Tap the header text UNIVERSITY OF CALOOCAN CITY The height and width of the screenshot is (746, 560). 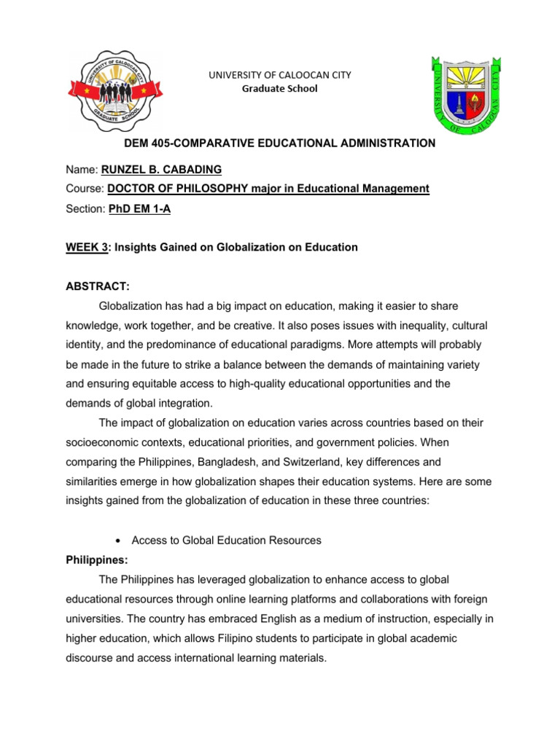(280, 75)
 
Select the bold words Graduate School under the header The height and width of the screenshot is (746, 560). (280, 89)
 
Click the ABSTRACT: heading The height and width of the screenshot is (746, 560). (98, 287)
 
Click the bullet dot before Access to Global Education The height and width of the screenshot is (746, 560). (118, 540)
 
